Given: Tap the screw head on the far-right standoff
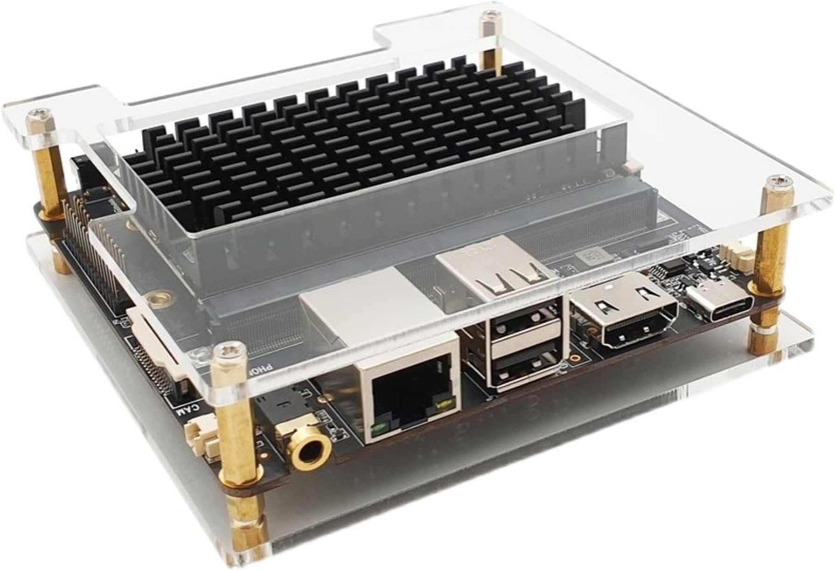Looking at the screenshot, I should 776,180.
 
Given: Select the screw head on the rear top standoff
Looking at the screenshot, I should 489,17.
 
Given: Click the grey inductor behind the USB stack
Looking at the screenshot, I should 590,256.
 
